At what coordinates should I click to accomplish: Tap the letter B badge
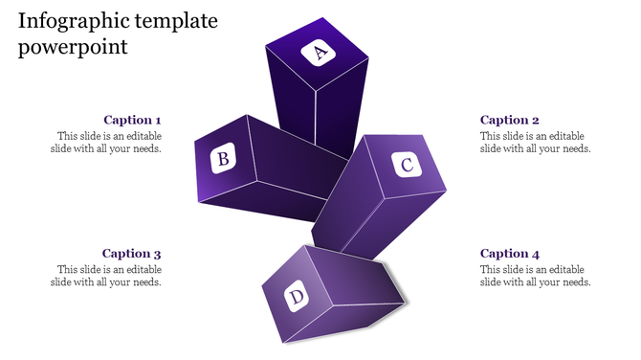(223, 158)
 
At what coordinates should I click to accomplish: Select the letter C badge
(406, 165)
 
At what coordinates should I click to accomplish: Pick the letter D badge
(297, 297)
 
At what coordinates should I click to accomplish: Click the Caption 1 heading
(132, 120)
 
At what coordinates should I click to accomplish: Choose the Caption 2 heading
(509, 120)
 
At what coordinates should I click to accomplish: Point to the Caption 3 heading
(132, 254)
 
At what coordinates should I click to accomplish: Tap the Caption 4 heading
(509, 254)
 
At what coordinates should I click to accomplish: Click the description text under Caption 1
(106, 143)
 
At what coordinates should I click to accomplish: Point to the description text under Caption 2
(535, 143)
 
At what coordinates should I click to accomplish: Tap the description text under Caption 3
(106, 276)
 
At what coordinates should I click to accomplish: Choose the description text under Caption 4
(535, 276)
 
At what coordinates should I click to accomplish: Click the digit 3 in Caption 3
(157, 254)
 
